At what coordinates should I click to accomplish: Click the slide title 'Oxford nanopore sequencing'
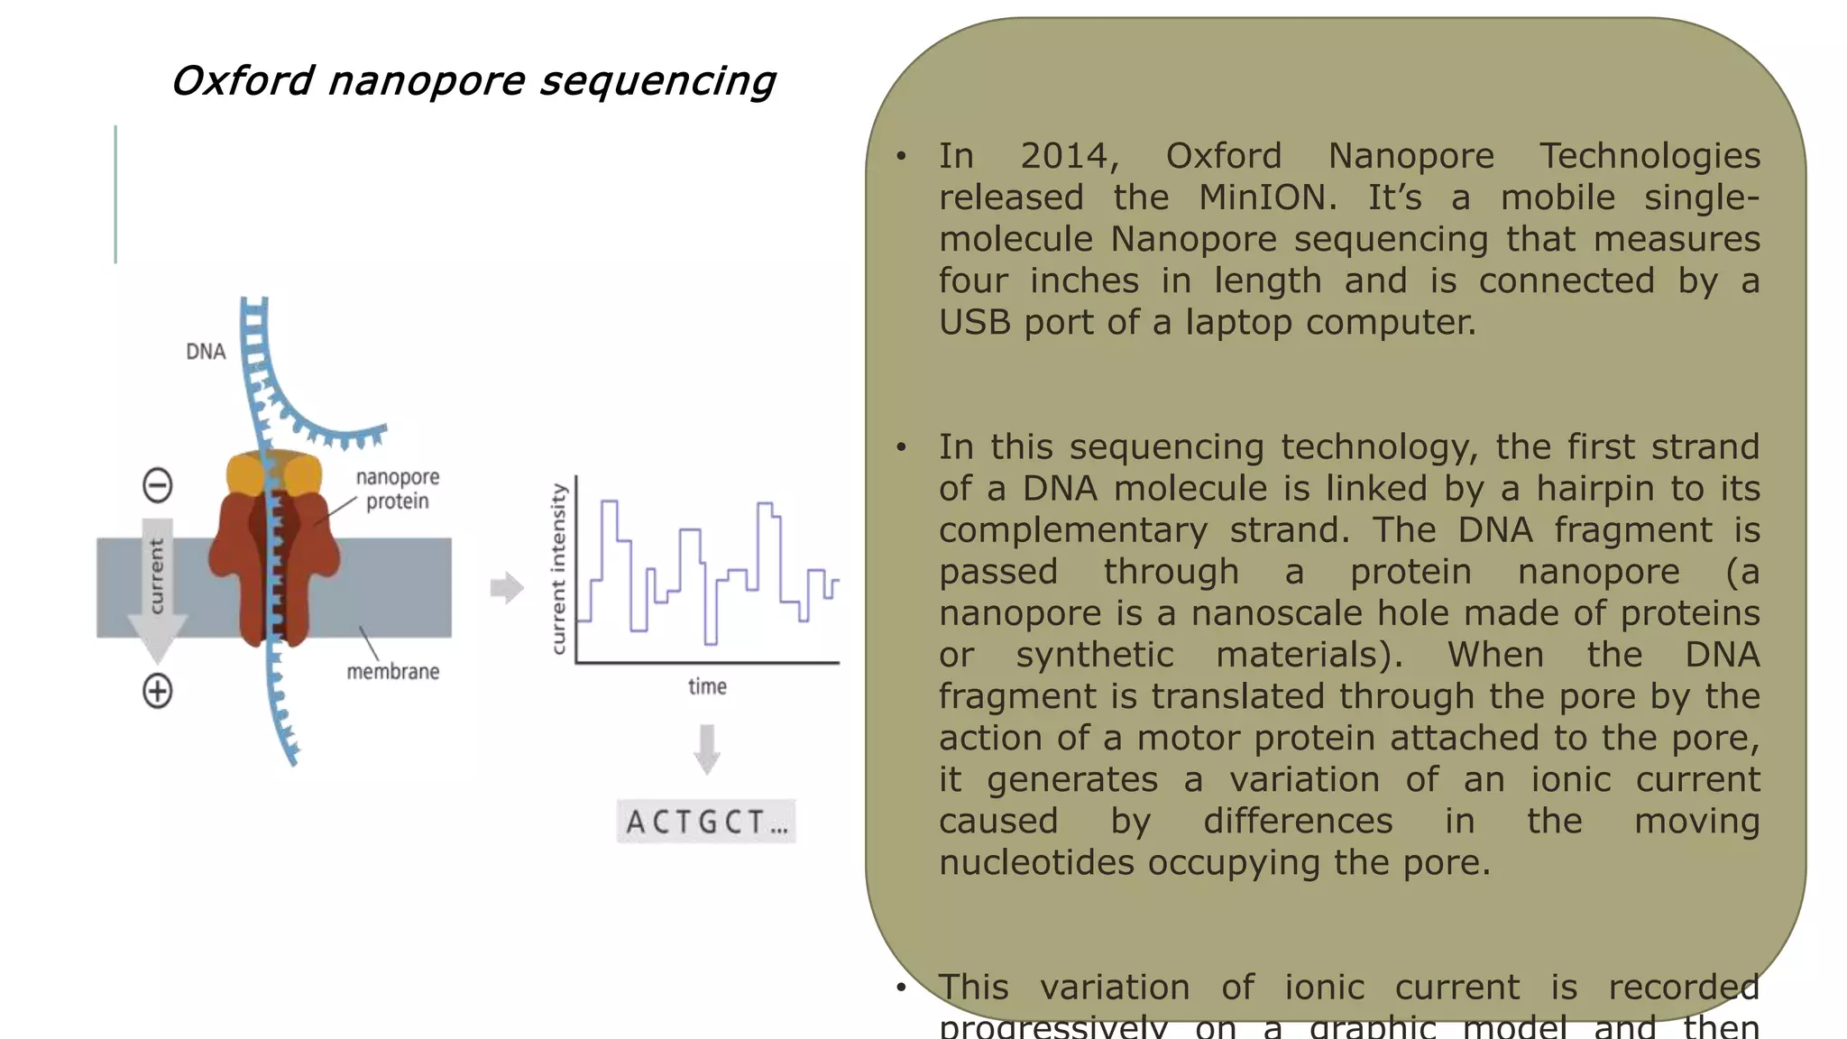click(473, 81)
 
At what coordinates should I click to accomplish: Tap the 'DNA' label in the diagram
click(206, 352)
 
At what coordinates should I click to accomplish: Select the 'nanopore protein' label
click(398, 489)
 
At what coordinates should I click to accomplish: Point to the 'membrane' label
click(393, 671)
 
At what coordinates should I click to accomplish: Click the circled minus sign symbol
click(158, 485)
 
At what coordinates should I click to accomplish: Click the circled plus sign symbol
click(158, 692)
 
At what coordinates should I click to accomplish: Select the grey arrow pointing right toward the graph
click(507, 588)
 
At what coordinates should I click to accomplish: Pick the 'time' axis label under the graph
click(707, 686)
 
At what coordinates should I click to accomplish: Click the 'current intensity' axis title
click(558, 568)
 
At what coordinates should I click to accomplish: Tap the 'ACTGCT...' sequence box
click(706, 822)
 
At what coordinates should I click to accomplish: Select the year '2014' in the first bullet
click(1069, 156)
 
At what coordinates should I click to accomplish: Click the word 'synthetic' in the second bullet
click(1094, 655)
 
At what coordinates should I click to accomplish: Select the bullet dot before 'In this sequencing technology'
click(901, 447)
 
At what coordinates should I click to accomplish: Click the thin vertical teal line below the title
click(115, 194)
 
